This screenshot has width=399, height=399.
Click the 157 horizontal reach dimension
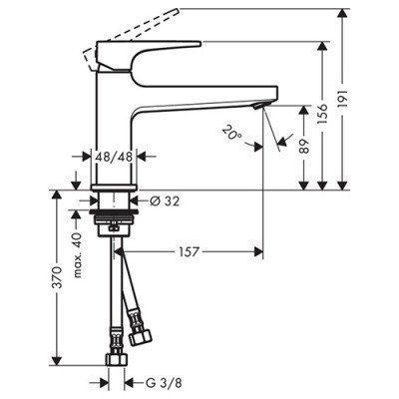(190, 249)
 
